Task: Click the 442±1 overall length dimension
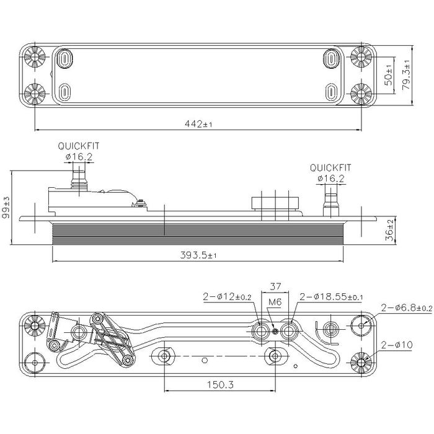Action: (x=198, y=124)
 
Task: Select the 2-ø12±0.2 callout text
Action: (x=227, y=297)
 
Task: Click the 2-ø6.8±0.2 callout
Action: (x=406, y=308)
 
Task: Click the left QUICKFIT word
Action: (x=79, y=146)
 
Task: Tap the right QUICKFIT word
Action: (x=330, y=167)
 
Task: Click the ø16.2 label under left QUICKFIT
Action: (x=79, y=157)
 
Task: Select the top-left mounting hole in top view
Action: (x=35, y=58)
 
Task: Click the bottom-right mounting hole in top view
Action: (x=361, y=94)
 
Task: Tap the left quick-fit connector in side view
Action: (x=79, y=182)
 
